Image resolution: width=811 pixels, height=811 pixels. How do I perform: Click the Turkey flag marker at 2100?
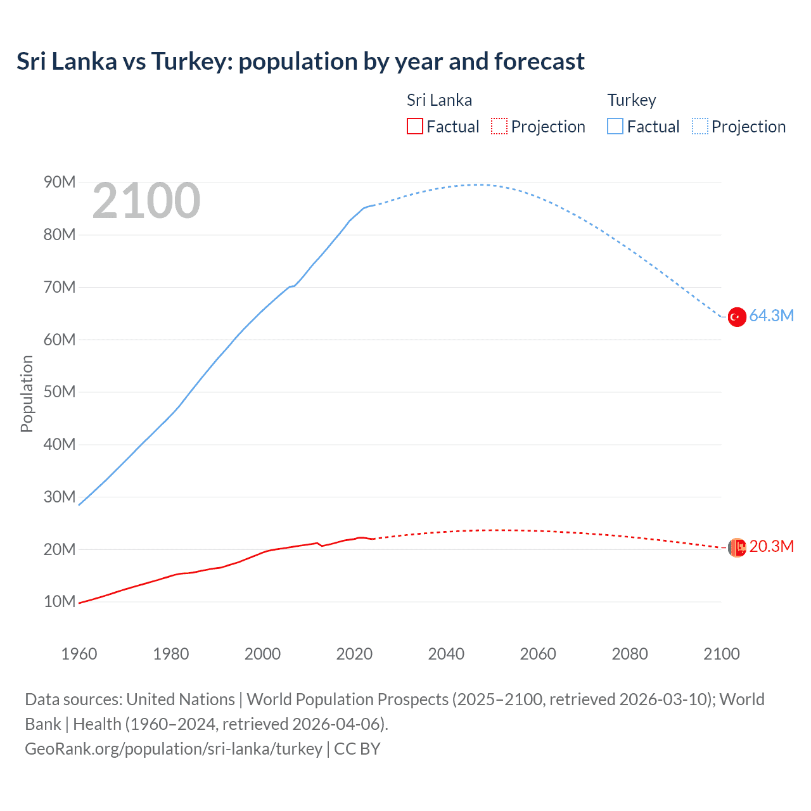[736, 317]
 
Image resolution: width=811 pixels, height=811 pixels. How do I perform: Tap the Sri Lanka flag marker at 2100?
[737, 547]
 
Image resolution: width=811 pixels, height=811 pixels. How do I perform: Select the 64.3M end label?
[771, 316]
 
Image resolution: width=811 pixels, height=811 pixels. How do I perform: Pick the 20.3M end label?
[771, 546]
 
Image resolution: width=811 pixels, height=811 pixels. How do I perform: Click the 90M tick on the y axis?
[60, 182]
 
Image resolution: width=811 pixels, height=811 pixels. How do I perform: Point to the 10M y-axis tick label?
[60, 601]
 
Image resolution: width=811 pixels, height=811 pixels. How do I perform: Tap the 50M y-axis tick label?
[60, 392]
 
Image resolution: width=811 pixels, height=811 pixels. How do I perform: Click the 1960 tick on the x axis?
[79, 654]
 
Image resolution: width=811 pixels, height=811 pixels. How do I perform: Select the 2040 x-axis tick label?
[446, 654]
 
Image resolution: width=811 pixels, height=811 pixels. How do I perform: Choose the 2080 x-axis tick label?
[630, 654]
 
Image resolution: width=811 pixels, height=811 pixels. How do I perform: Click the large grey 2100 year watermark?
[146, 201]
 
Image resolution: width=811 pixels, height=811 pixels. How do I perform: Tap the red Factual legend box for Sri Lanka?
[415, 126]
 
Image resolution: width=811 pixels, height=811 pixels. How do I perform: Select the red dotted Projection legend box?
[499, 126]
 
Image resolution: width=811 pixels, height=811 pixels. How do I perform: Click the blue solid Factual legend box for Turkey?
[615, 126]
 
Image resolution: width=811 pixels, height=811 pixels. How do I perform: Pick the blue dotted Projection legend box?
[700, 126]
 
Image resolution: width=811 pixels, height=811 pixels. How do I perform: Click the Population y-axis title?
[27, 393]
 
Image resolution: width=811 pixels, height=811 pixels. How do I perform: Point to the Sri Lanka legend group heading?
[439, 100]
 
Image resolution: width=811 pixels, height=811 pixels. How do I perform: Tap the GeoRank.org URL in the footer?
[174, 749]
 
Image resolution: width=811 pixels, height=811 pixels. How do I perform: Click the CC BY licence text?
[357, 749]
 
